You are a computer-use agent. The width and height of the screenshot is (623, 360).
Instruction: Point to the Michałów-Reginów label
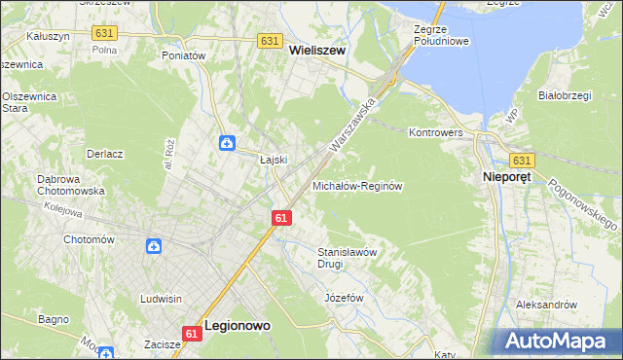tap(357, 185)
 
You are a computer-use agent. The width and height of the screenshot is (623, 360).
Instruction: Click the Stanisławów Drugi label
tap(347, 257)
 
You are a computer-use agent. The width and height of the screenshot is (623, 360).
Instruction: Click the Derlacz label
tap(104, 154)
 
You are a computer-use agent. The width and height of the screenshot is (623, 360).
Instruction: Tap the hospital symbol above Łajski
tap(226, 144)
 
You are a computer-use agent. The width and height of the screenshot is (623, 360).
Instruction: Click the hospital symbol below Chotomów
tap(154, 247)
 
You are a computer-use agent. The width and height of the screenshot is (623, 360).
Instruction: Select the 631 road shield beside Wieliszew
tap(271, 42)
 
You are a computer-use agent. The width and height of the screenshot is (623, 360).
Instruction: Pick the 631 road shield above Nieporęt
tap(522, 161)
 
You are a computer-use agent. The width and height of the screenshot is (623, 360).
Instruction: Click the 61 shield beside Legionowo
tap(191, 334)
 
